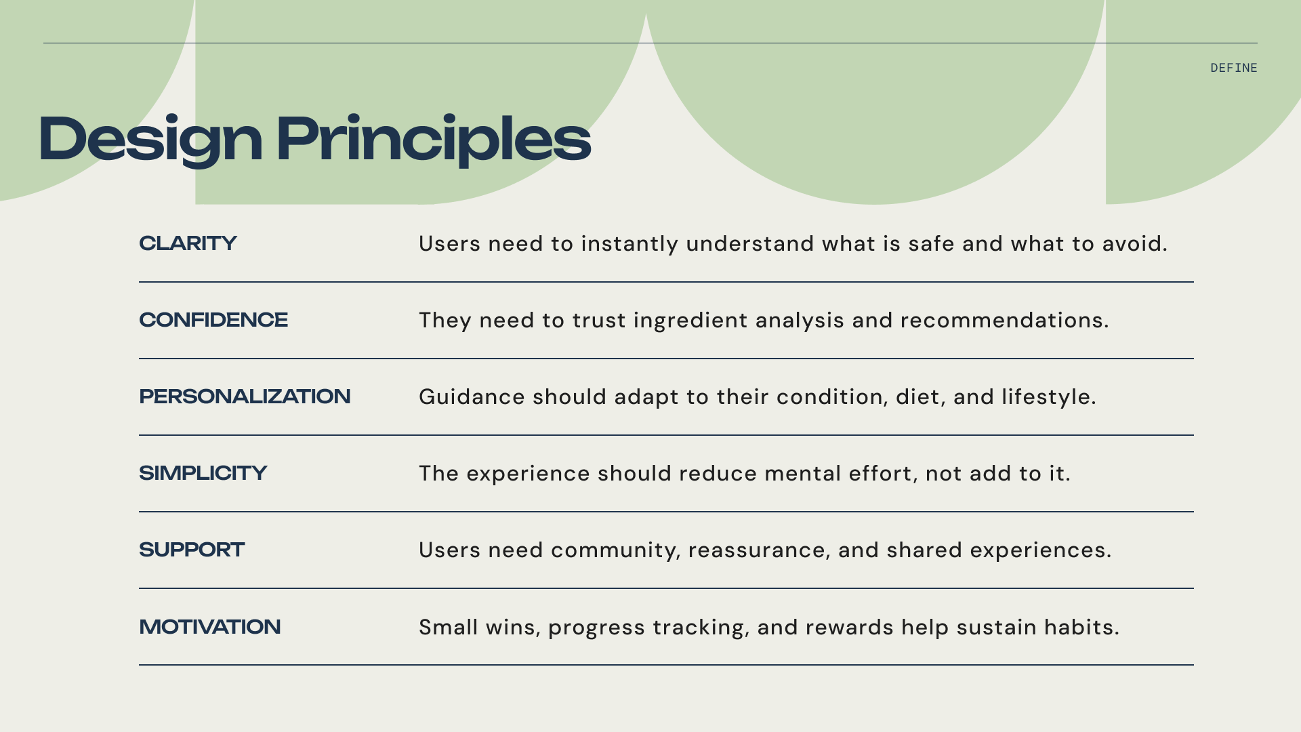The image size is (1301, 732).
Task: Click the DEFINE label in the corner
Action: [x=1233, y=68]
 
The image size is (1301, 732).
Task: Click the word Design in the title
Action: [x=150, y=139]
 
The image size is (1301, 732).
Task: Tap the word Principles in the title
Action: [x=434, y=139]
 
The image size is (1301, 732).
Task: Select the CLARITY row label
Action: [x=188, y=243]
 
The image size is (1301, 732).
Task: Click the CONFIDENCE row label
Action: [x=213, y=320]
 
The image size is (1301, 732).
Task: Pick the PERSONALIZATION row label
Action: [x=245, y=396]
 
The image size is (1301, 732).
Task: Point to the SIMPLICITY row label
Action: [x=203, y=473]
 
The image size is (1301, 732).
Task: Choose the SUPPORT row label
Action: [x=192, y=550]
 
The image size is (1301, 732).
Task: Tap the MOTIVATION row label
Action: [x=209, y=627]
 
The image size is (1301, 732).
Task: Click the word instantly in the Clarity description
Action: [x=629, y=244]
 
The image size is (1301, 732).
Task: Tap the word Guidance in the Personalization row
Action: [x=472, y=396]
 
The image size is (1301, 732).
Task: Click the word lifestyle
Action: [x=1047, y=396]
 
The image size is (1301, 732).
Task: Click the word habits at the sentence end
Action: [x=1080, y=627]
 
